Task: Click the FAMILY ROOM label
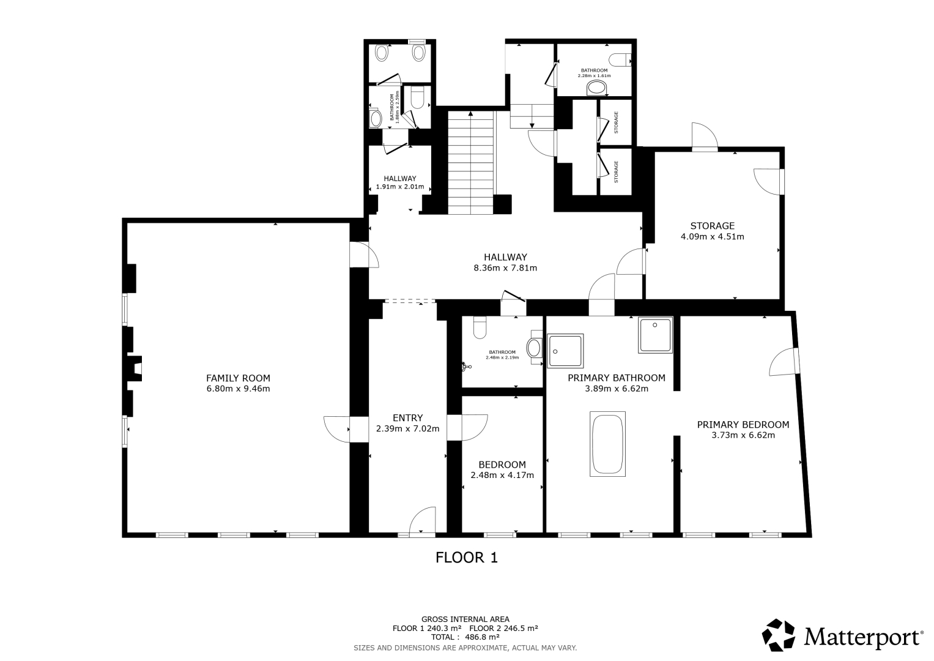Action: pos(238,378)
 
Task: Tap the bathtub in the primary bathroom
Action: pos(607,444)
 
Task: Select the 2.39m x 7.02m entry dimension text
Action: pos(408,428)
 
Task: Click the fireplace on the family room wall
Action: pos(135,368)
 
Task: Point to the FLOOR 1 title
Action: pos(467,558)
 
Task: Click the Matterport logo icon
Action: pos(779,635)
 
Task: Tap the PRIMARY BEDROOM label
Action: pos(743,424)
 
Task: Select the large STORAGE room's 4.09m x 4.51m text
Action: pos(712,237)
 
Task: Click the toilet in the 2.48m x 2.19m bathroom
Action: pos(480,327)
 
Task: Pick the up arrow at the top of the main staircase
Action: pos(471,113)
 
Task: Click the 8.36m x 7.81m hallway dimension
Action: pos(505,268)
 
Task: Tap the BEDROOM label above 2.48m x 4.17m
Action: pos(502,465)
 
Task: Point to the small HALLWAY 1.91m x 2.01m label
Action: pos(400,182)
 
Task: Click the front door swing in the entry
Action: pos(423,520)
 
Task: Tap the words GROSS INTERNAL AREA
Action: pos(465,619)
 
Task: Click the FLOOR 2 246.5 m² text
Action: pos(503,628)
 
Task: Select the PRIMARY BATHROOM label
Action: pos(617,378)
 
